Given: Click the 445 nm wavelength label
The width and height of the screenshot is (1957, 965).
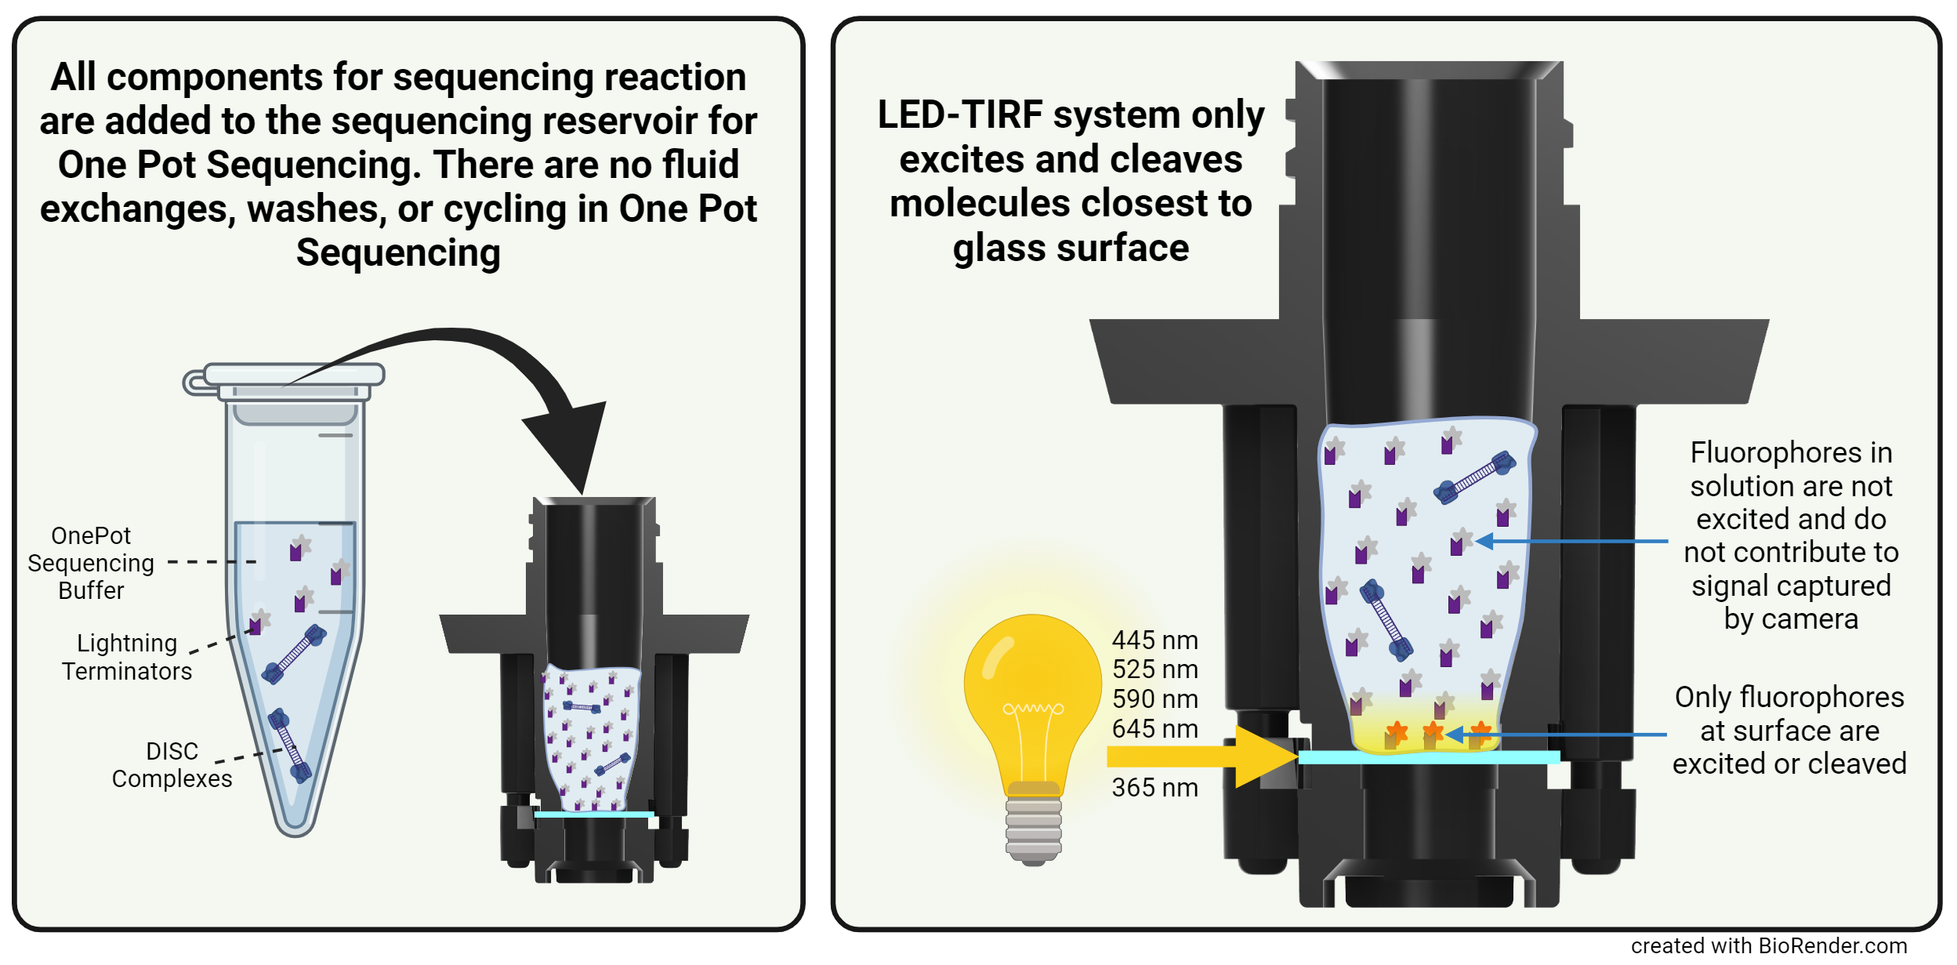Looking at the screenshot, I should [x=1154, y=640].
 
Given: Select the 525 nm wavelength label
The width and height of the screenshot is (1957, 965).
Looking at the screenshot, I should [x=1154, y=669].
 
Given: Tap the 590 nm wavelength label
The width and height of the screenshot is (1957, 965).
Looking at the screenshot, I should [x=1154, y=699].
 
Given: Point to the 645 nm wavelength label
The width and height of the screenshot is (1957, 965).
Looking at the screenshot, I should [x=1154, y=729].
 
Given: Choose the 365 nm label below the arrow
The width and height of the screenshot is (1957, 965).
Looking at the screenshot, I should [x=1154, y=788].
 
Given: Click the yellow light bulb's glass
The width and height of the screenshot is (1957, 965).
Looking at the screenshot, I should [x=1032, y=690].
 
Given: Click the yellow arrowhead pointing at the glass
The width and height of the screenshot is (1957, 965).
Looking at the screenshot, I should [x=1266, y=756].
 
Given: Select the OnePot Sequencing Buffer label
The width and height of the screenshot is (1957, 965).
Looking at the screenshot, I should [x=91, y=563].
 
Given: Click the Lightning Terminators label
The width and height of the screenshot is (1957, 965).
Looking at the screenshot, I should [x=127, y=657].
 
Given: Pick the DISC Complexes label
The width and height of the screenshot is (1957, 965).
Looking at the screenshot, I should [x=172, y=765].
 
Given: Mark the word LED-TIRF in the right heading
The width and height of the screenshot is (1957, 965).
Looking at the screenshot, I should [x=960, y=115].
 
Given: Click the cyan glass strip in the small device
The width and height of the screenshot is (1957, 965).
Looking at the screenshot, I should [x=593, y=814].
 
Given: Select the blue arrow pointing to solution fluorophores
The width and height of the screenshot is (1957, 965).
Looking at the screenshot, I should [x=1575, y=541].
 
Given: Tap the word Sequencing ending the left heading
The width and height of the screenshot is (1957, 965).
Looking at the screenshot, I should [x=398, y=253].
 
